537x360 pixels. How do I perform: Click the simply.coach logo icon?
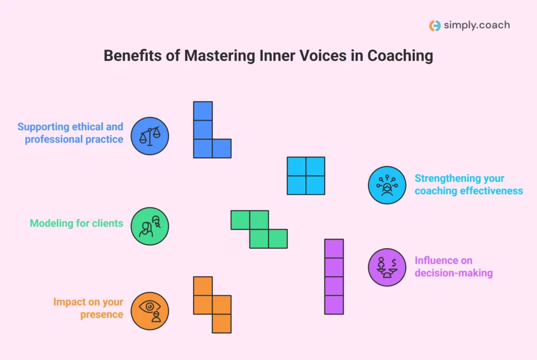(x=434, y=25)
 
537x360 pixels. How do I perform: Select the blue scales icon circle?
(x=149, y=136)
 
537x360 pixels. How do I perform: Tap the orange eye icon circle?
(x=149, y=311)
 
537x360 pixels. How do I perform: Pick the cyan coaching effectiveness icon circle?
(x=387, y=184)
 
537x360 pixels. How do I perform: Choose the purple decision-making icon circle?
(x=387, y=267)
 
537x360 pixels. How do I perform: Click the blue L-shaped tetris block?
(x=203, y=139)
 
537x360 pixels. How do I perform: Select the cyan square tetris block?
(x=306, y=176)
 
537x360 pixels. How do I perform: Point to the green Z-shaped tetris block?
(x=259, y=229)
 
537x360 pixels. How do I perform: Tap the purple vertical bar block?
(x=334, y=276)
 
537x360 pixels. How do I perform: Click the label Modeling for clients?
(x=77, y=223)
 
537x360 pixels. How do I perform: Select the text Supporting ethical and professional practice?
(x=71, y=133)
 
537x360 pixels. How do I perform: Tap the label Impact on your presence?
(x=88, y=308)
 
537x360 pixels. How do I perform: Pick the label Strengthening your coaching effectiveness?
(x=468, y=184)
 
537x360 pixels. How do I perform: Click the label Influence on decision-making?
(x=453, y=266)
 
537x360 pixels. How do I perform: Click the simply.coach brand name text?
(x=476, y=25)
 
